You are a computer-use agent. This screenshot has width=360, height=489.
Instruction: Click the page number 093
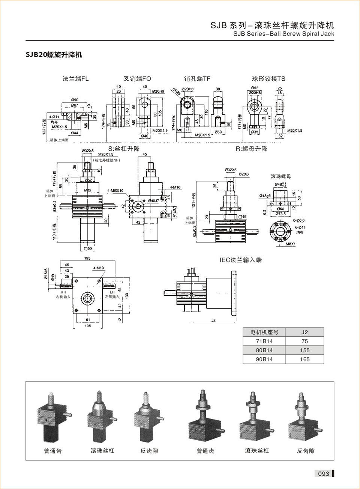tap(323, 474)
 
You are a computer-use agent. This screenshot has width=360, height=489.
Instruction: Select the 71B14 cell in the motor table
tap(264, 341)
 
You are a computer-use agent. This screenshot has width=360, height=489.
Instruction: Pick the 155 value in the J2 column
tap(304, 350)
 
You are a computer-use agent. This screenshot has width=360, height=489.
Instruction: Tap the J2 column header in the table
tap(304, 332)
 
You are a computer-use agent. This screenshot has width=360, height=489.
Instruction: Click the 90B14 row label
tap(264, 359)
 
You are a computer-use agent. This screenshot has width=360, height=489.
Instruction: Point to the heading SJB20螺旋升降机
tap(54, 55)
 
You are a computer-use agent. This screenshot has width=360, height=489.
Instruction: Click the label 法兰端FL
tap(75, 79)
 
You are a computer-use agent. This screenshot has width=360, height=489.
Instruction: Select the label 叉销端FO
tap(137, 79)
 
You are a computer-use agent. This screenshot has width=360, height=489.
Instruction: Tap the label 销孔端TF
tap(197, 79)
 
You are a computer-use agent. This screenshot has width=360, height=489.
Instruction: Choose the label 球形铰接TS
tap(268, 79)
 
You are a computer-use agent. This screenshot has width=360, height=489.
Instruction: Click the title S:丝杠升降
tap(124, 149)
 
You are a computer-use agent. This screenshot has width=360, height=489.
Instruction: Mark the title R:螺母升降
tap(251, 149)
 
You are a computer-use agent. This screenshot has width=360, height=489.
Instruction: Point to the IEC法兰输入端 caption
tap(240, 260)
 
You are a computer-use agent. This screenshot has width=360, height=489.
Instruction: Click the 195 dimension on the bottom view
tap(87, 258)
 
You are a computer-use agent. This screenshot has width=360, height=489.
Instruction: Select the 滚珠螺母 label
tap(281, 176)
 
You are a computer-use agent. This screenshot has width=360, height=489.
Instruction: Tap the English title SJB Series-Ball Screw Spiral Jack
tap(283, 34)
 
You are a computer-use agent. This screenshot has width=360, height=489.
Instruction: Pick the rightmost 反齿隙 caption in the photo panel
tap(306, 451)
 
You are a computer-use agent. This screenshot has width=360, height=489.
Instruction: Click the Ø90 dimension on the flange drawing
tap(75, 100)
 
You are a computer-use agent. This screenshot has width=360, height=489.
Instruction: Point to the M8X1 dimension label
tap(291, 244)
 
